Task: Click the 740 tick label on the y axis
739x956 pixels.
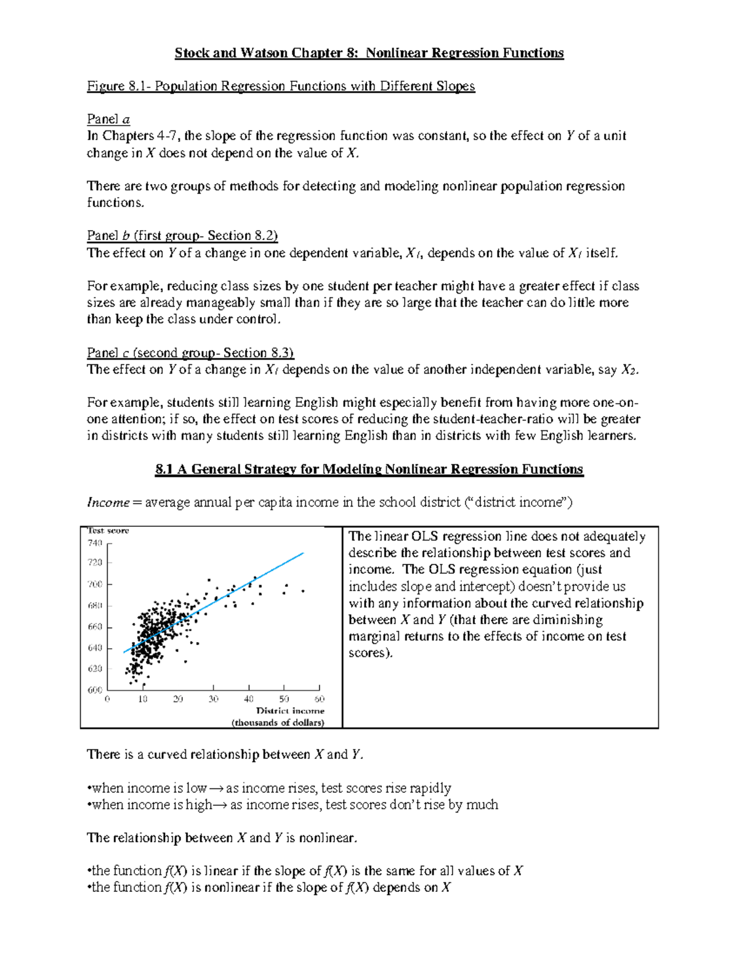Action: tap(95, 543)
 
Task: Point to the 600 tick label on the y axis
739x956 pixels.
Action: tap(95, 690)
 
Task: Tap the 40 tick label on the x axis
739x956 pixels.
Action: tap(248, 699)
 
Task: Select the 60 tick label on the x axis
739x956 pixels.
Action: tap(319, 699)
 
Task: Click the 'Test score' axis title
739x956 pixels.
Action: tap(108, 531)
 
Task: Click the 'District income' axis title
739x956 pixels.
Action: tap(290, 711)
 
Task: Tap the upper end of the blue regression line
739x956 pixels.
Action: tap(303, 553)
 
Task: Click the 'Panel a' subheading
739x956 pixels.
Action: tap(108, 119)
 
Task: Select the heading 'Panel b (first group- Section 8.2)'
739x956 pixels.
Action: tap(182, 236)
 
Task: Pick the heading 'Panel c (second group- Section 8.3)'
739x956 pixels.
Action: tap(190, 353)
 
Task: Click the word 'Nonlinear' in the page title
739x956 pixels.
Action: tap(396, 53)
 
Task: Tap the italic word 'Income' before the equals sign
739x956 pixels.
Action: tap(108, 503)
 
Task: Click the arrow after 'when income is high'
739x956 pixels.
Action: tap(220, 805)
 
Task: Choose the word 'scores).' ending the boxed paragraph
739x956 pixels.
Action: tap(370, 653)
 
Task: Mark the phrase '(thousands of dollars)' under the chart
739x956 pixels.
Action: tap(278, 723)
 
